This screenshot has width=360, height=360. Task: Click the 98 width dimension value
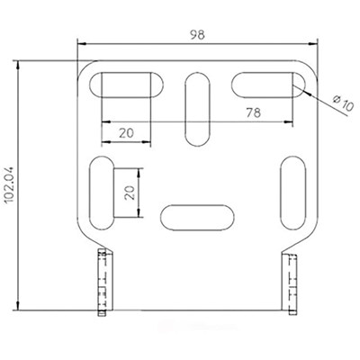[197, 34]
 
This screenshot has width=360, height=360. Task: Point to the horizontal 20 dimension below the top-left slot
[125, 131]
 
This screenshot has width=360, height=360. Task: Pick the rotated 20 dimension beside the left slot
[129, 192]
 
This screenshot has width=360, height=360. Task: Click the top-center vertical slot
[195, 109]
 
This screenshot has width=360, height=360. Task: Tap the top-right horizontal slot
[269, 85]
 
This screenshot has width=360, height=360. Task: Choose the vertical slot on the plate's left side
[101, 192]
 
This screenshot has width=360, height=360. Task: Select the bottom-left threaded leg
[103, 283]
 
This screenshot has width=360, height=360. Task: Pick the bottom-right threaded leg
[292, 283]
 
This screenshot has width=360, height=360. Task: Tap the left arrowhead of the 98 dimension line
[81, 42]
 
